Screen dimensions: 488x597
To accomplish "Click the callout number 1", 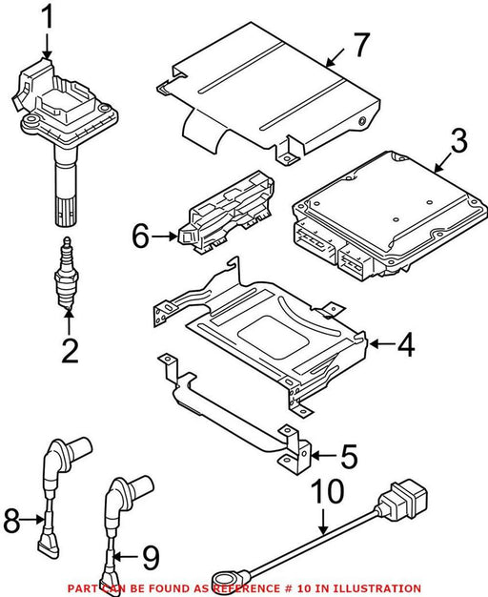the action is click(48, 16).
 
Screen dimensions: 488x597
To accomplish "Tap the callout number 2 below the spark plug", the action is click(70, 351).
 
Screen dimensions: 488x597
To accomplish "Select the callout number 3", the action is click(458, 141).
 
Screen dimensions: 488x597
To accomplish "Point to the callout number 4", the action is click(406, 344).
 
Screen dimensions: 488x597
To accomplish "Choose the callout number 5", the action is click(349, 455).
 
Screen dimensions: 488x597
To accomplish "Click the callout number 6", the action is click(140, 237).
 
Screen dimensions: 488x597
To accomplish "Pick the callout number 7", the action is click(361, 45).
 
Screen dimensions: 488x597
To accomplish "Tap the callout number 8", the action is click(11, 520).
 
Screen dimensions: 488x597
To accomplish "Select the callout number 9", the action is click(152, 557).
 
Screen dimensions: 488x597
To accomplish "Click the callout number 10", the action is click(328, 491).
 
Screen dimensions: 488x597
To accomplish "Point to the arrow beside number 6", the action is click(165, 237).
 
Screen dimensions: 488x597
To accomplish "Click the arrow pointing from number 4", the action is click(382, 344).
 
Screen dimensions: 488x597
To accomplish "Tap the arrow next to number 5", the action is click(324, 455).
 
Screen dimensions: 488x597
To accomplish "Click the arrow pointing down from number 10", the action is click(323, 522).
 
